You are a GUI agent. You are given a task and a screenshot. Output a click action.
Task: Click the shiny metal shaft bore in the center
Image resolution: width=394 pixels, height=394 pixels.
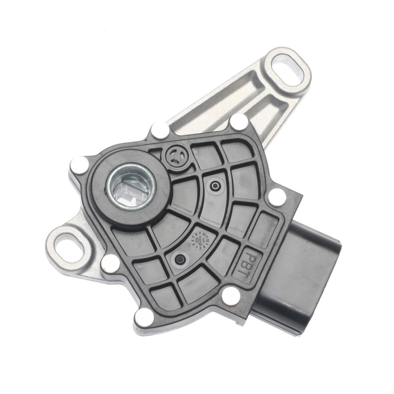point(131,188)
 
